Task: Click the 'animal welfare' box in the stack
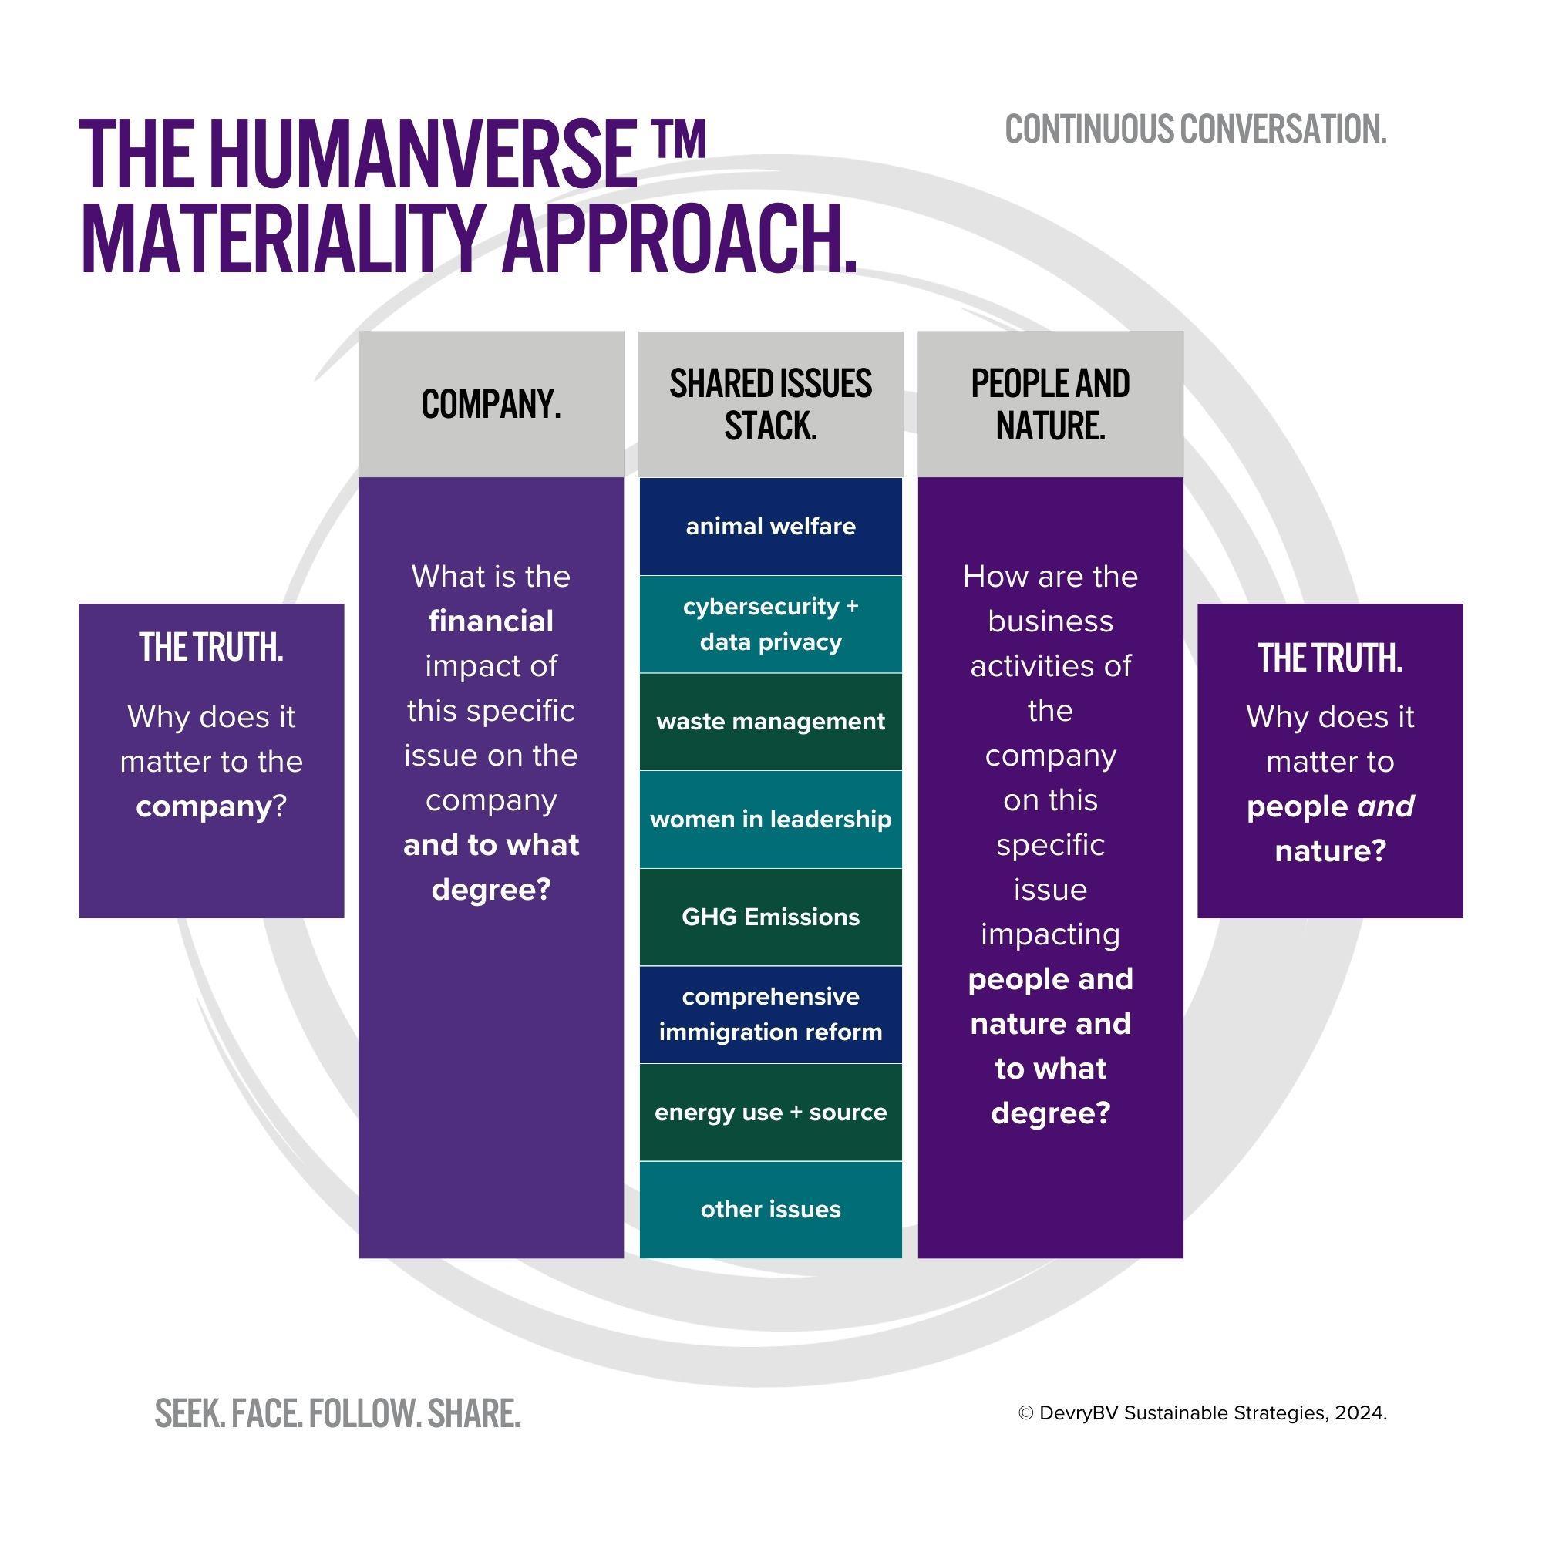[x=770, y=527]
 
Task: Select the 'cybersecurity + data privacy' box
[x=770, y=625]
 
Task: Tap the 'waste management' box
[x=770, y=722]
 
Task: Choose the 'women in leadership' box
[x=770, y=820]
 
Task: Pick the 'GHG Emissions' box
[x=770, y=917]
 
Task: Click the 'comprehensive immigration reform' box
[x=770, y=1015]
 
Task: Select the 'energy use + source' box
[x=770, y=1113]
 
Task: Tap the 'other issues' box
[x=770, y=1210]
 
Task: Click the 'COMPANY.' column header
[x=491, y=405]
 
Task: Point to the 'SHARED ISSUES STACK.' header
[x=770, y=405]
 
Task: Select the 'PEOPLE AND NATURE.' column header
[x=1050, y=405]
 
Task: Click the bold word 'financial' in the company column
[x=491, y=621]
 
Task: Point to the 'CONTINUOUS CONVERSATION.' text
[x=1195, y=130]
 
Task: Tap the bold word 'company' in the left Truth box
[x=204, y=807]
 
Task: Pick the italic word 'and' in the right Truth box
[x=1385, y=807]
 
